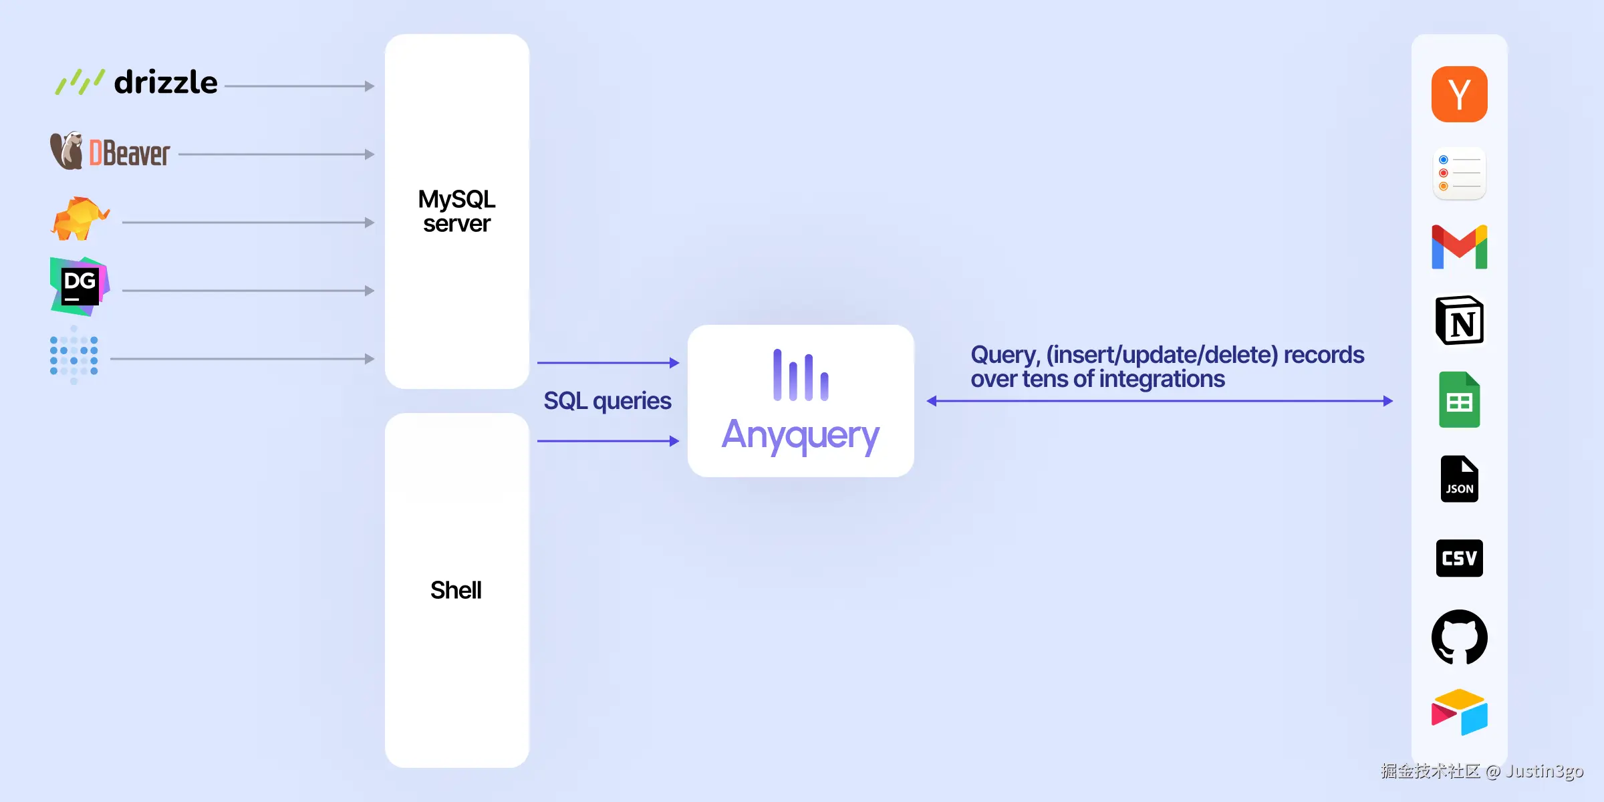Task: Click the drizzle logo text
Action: [166, 83]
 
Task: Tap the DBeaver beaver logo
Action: [67, 151]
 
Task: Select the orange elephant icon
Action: [80, 219]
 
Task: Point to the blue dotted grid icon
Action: [74, 356]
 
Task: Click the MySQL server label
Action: [456, 211]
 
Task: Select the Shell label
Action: [456, 590]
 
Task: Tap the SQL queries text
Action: [607, 401]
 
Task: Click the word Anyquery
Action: [800, 436]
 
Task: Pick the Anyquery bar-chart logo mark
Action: [801, 376]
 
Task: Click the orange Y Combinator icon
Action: [1459, 94]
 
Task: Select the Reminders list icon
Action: [1459, 173]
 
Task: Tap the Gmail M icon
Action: [1459, 247]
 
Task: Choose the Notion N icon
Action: [1459, 321]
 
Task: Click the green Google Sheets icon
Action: [1459, 400]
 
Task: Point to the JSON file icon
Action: [1459, 479]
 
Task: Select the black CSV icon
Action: [1459, 558]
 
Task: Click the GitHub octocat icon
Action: [1459, 637]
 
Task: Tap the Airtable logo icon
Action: [1459, 712]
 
